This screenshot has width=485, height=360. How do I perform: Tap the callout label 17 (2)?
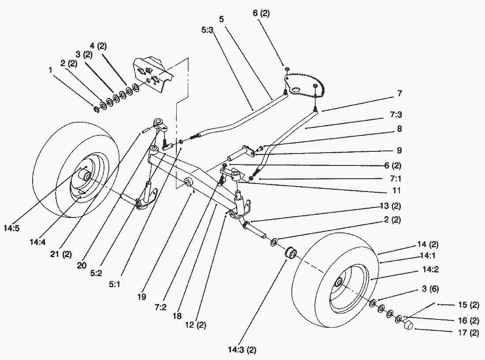point(469,333)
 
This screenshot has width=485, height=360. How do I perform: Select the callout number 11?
point(397,191)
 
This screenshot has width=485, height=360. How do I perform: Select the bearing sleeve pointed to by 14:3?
point(291,255)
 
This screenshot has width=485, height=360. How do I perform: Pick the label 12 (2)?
point(195,325)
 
